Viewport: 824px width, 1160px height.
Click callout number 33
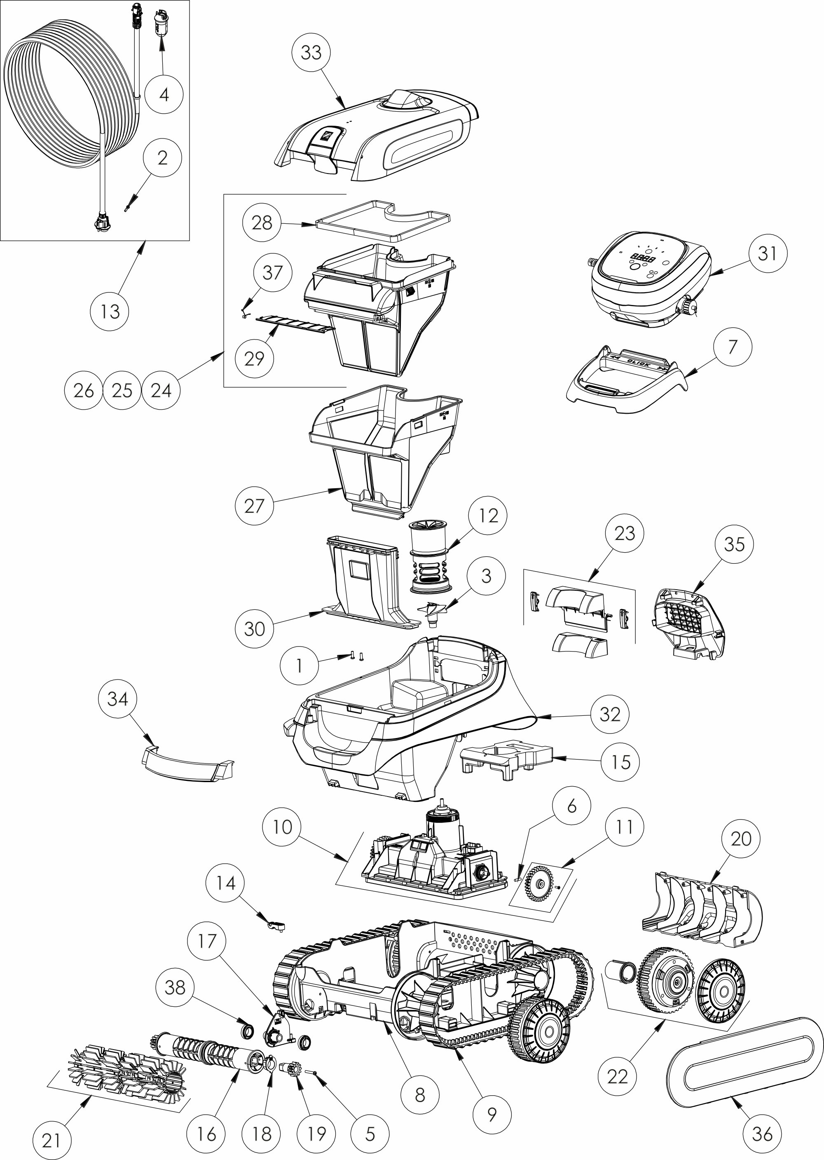coord(311,52)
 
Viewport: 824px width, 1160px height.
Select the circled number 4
coord(164,94)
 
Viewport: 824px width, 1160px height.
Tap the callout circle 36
coord(762,1134)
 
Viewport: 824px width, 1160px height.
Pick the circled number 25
coord(122,390)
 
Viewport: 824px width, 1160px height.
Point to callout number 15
coord(620,762)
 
